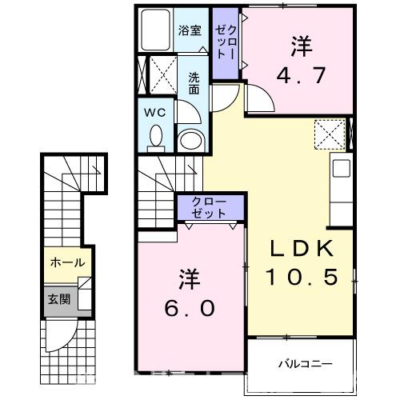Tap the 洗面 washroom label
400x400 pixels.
[194, 83]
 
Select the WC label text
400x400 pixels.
[154, 113]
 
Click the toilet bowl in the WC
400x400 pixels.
[155, 138]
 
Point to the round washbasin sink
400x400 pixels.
[190, 142]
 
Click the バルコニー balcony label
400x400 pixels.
[305, 363]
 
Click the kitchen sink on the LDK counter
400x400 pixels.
[341, 170]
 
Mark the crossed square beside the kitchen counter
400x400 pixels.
[327, 133]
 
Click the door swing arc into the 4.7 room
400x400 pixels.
[258, 101]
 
